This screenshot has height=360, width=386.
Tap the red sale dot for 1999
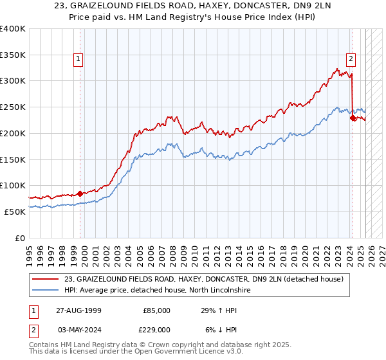(x=80, y=193)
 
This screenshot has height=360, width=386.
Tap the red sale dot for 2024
(x=352, y=118)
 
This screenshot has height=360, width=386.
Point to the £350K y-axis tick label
(x=12, y=55)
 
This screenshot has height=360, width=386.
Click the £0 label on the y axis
(x=19, y=238)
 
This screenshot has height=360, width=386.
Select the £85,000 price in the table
(x=155, y=310)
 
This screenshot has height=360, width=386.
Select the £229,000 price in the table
(x=154, y=328)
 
